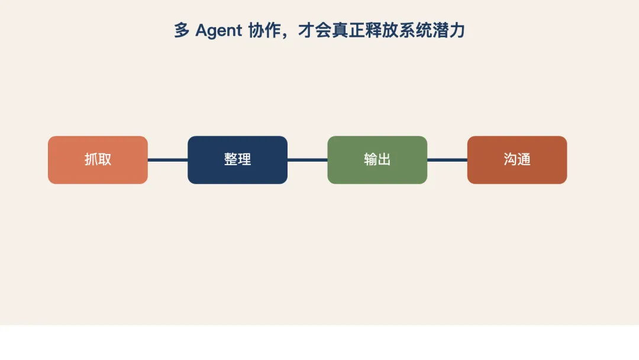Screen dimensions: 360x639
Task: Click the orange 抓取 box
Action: click(x=98, y=160)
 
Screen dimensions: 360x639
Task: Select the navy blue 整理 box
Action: click(x=237, y=160)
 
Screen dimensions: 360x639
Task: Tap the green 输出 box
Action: click(x=377, y=160)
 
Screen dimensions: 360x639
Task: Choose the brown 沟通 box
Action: click(x=517, y=160)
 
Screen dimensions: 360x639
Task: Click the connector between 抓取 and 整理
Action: click(x=167, y=160)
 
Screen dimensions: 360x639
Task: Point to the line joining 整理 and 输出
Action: click(x=307, y=160)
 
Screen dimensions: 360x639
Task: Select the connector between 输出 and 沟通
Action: click(x=447, y=160)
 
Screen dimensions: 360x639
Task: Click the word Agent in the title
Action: click(x=218, y=31)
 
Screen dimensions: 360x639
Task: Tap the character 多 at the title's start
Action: click(x=182, y=31)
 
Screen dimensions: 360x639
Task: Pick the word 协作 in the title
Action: click(x=264, y=31)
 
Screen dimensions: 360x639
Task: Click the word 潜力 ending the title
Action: click(x=449, y=31)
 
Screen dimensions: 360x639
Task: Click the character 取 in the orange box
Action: click(x=105, y=160)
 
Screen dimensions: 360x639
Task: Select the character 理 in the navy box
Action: click(x=244, y=160)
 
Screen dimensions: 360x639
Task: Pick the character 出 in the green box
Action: click(x=384, y=160)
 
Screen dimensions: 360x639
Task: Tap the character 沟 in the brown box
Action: click(x=510, y=160)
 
